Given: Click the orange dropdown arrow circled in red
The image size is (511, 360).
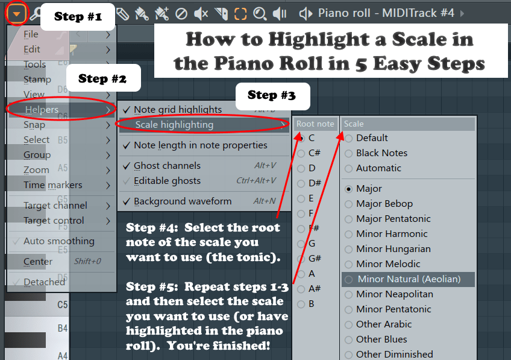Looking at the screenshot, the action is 17,14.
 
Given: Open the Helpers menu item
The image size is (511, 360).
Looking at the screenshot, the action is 42,110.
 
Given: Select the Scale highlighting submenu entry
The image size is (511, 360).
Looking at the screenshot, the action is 174,125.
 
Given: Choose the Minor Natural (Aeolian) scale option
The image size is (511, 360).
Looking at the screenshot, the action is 409,279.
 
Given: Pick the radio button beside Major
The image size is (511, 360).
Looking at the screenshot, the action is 349,189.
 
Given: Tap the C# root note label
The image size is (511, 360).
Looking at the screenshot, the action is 315,153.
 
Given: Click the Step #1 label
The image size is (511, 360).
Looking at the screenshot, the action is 78,16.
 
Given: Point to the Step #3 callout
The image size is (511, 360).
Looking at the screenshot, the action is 271,95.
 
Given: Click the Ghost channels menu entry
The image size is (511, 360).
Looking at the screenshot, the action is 167,166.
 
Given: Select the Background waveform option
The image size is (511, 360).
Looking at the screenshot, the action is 183,201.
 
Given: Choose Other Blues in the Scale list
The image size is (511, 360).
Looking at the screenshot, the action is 381,339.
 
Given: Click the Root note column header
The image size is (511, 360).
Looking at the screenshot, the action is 315,124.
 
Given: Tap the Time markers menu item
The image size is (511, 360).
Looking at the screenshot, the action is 53,185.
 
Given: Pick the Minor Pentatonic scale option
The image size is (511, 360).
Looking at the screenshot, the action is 393,309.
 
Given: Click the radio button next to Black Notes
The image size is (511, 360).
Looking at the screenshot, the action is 349,153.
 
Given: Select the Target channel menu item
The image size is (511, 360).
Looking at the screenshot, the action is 55,206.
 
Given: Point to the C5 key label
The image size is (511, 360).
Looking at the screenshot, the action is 63,305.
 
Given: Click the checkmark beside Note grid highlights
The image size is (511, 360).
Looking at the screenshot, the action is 127,110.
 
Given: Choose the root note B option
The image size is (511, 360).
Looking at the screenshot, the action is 311,304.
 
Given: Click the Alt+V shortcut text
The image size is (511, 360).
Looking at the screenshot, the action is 265,166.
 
